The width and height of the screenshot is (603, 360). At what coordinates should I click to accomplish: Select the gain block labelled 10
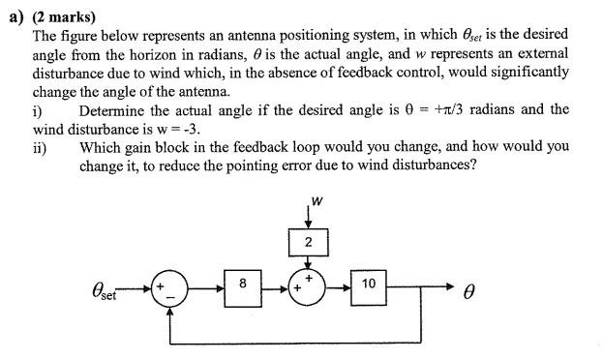pyautogui.click(x=368, y=286)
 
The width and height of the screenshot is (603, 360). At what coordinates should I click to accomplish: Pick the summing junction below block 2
pyautogui.click(x=306, y=287)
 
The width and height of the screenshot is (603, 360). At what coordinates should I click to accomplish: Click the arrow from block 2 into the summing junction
pyautogui.click(x=307, y=263)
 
